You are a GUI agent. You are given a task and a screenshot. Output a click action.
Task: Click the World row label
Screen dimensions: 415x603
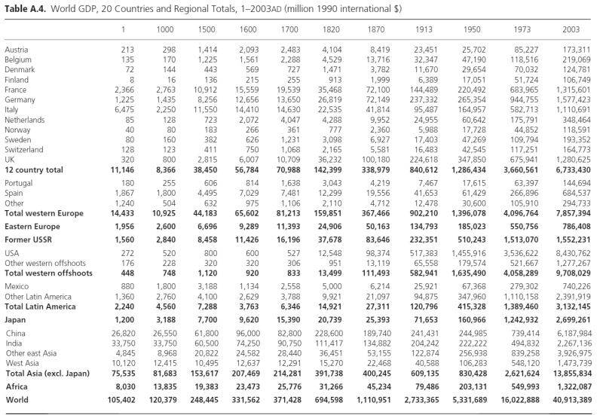point(17,399)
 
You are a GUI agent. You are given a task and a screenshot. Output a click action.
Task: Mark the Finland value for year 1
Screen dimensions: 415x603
point(131,79)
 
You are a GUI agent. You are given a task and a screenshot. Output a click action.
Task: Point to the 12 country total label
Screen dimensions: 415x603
point(35,170)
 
